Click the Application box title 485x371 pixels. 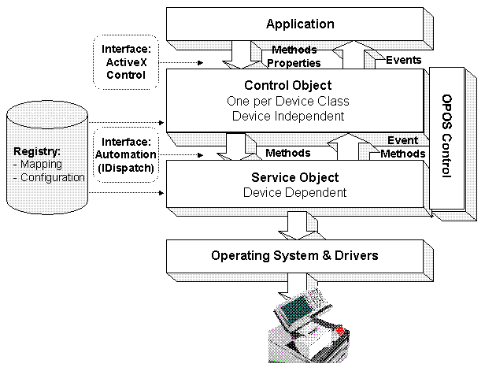pyautogui.click(x=300, y=24)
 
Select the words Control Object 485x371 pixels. pyautogui.click(x=288, y=85)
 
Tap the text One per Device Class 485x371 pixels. pyautogui.click(x=288, y=101)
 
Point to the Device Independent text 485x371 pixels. pyautogui.click(x=288, y=116)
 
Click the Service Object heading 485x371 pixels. pyautogui.click(x=294, y=177)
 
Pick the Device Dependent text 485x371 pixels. pyautogui.click(x=294, y=192)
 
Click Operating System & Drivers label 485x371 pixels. pyautogui.click(x=294, y=255)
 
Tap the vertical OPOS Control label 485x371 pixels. pyautogui.click(x=446, y=135)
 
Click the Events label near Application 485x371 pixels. pyautogui.click(x=404, y=60)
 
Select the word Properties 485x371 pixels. pyautogui.click(x=294, y=63)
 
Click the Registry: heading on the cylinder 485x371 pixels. pyautogui.click(x=37, y=151)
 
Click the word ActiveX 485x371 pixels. pyautogui.click(x=126, y=62)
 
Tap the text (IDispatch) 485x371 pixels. pyautogui.click(x=126, y=168)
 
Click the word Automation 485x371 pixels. pyautogui.click(x=126, y=154)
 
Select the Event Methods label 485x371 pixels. pyautogui.click(x=403, y=147)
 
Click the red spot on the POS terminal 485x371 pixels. pyautogui.click(x=340, y=330)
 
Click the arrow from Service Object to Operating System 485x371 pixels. pyautogui.click(x=297, y=225)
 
